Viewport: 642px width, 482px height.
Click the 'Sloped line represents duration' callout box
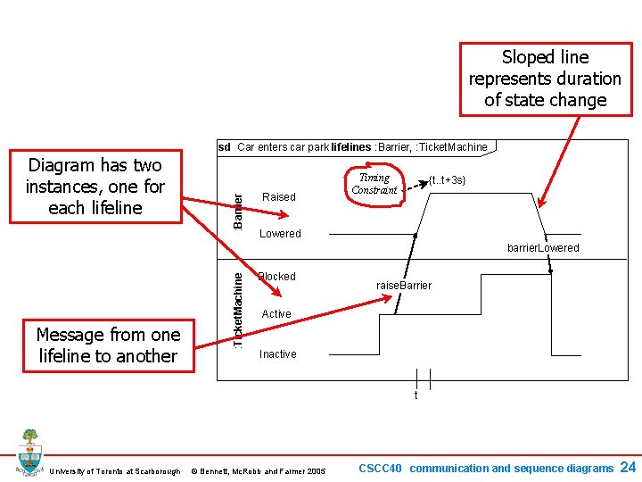[x=545, y=79]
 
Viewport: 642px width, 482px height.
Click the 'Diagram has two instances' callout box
[x=95, y=187]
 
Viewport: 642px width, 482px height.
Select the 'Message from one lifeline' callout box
[x=108, y=345]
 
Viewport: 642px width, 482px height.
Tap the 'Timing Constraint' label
[x=374, y=184]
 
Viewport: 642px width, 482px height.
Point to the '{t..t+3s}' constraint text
[x=447, y=180]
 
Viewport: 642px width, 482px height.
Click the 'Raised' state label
[x=280, y=196]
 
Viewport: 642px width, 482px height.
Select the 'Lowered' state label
[x=280, y=234]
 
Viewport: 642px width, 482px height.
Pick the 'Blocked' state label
[x=277, y=277]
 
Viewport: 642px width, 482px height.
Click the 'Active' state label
[x=276, y=314]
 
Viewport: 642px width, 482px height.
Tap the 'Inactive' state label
[x=278, y=354]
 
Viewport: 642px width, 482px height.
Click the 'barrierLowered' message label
[x=543, y=248]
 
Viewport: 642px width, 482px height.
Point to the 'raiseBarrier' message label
[x=403, y=286]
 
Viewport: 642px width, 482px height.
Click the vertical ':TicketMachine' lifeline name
[x=237, y=309]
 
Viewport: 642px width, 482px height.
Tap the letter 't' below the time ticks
[x=416, y=395]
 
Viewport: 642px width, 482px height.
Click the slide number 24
[x=627, y=467]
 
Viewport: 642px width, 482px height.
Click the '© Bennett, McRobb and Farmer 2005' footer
[x=259, y=471]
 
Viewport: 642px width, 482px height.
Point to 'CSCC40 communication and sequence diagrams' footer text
[x=485, y=468]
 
